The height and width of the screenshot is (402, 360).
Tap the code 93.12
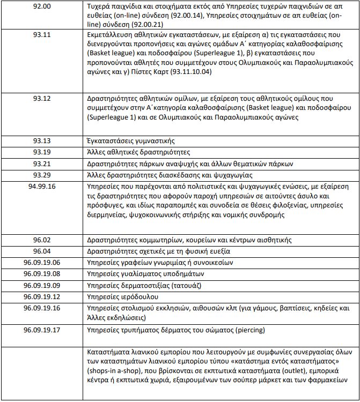click(41, 99)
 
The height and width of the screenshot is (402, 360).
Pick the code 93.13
click(41, 141)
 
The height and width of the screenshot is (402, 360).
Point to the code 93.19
click(41, 152)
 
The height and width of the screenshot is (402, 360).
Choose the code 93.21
click(41, 163)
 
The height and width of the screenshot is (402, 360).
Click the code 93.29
click(41, 175)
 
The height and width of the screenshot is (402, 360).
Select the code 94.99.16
click(41, 187)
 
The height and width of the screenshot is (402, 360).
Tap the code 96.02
click(41, 240)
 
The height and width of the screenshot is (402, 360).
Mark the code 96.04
click(41, 251)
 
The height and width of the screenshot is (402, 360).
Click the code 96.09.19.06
click(41, 262)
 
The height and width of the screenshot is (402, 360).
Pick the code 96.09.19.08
click(41, 273)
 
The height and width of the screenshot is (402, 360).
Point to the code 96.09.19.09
click(41, 285)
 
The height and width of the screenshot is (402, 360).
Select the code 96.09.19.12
click(41, 296)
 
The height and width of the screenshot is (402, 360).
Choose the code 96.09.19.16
click(41, 308)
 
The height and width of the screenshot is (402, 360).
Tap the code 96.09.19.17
click(41, 330)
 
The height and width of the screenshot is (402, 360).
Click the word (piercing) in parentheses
click(248, 330)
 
